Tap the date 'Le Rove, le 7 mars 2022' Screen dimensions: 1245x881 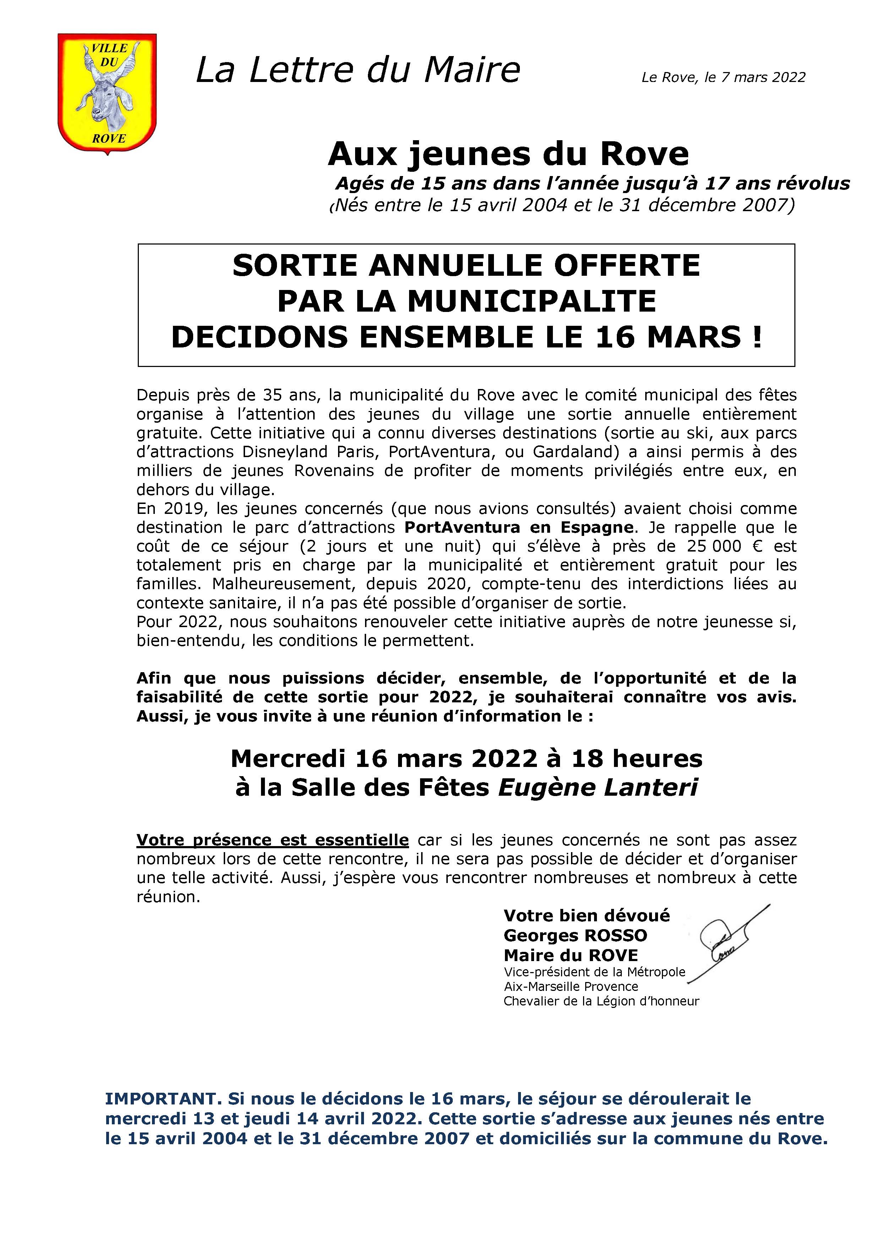click(x=723, y=77)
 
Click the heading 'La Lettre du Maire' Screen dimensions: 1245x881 click(x=358, y=71)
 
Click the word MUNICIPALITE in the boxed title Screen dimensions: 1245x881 click(x=532, y=301)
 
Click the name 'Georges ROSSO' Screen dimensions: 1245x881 click(x=575, y=936)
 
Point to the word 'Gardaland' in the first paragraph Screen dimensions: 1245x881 click(x=574, y=452)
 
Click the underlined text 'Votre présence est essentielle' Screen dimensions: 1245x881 click(x=272, y=840)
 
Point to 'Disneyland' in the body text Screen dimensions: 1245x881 click(x=284, y=452)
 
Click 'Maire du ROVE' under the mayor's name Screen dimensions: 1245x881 click(x=571, y=955)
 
